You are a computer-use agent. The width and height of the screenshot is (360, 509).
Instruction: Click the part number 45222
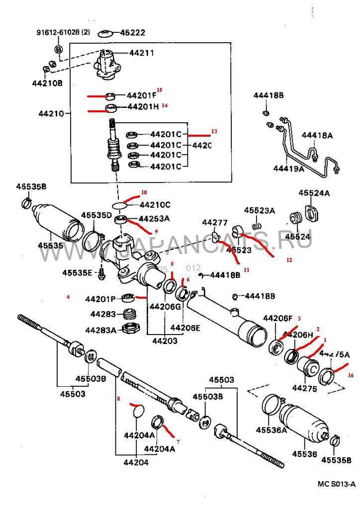[132, 33]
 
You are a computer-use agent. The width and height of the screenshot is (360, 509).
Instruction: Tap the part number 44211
[142, 53]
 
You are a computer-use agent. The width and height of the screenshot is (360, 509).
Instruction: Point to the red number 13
[214, 131]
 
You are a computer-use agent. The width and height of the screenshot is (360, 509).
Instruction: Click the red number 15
[160, 90]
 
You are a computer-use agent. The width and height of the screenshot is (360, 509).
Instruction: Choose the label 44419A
[288, 169]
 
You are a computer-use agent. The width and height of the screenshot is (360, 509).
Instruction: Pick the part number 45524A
[314, 193]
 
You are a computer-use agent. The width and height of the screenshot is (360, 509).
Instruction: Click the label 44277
[215, 222]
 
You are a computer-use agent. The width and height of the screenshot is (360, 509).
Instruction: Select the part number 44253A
[154, 218]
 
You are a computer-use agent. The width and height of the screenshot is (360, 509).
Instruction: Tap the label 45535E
[77, 272]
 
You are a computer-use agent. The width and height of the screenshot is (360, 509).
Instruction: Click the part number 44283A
[100, 330]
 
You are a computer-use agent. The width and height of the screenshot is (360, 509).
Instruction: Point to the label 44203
[165, 341]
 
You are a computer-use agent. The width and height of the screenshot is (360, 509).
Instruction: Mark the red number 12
[289, 259]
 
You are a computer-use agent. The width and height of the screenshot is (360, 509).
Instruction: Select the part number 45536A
[271, 429]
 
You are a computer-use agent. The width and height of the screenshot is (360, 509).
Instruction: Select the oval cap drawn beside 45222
[105, 33]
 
